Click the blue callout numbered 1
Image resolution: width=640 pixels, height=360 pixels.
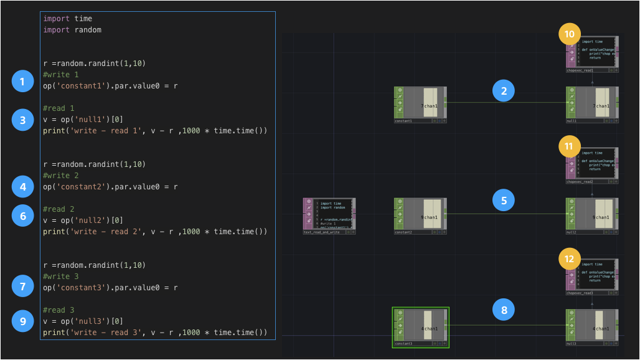click(x=22, y=81)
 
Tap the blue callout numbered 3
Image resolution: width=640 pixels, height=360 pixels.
click(x=22, y=120)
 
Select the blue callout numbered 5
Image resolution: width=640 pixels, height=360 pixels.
click(x=504, y=201)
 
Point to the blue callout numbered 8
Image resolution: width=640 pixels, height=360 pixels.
click(x=504, y=309)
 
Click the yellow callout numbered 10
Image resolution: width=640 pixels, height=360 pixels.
click(x=569, y=34)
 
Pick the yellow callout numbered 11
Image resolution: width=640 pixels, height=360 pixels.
click(x=569, y=147)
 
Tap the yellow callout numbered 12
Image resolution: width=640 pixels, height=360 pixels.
click(x=569, y=258)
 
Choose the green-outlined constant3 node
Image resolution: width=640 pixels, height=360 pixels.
click(x=420, y=326)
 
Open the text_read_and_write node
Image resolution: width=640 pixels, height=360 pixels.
click(x=329, y=215)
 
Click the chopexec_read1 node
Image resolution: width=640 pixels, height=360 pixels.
click(x=591, y=53)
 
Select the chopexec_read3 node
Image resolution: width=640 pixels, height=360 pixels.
click(x=591, y=275)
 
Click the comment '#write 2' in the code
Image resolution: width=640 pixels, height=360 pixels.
click(x=61, y=176)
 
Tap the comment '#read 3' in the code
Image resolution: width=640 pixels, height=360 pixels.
click(x=59, y=310)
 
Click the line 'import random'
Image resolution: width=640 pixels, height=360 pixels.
click(x=72, y=30)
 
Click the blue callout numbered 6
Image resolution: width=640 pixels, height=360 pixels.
click(x=22, y=216)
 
